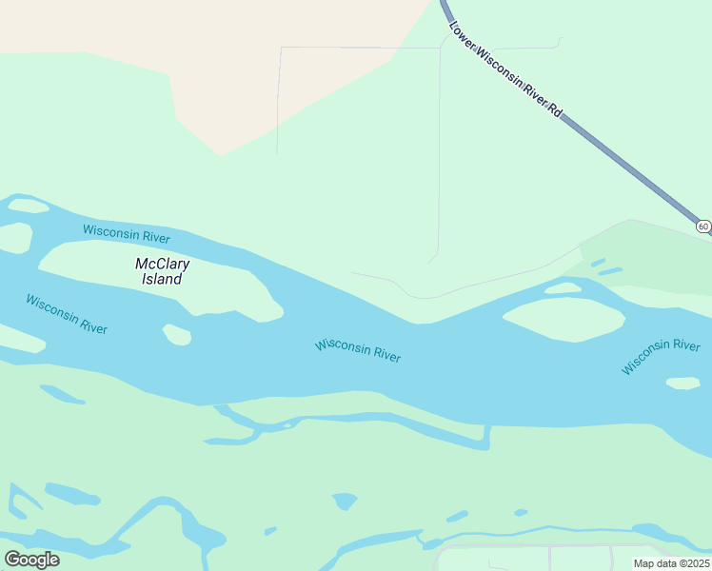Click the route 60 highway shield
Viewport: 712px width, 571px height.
tap(702, 226)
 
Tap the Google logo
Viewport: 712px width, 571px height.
tap(31, 559)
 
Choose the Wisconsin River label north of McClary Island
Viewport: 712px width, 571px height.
tap(126, 232)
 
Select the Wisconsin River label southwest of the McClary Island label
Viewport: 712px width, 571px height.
tap(67, 314)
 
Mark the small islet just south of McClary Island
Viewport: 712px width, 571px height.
tap(177, 334)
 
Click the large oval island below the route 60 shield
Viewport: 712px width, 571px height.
tap(563, 320)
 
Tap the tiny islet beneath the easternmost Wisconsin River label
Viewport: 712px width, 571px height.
tap(682, 384)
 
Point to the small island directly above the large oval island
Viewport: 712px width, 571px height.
tap(564, 287)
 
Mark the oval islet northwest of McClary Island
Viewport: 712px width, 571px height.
tap(28, 206)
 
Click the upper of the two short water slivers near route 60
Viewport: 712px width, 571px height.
tap(598, 262)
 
